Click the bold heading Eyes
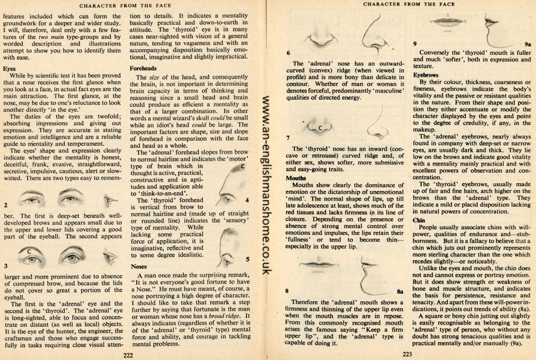[x=9, y=69]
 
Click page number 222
[x=128, y=354]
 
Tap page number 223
[x=407, y=354]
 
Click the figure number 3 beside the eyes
[x=6, y=265]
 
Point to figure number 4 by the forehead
[x=246, y=200]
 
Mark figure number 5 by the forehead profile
[x=247, y=259]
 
